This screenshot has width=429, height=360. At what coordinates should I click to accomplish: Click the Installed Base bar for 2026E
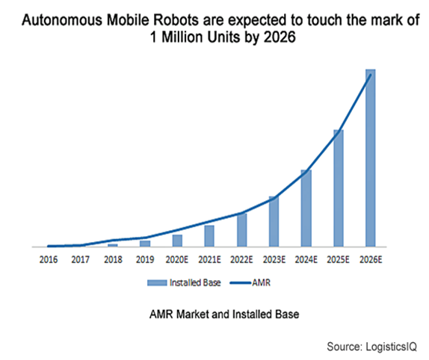371,158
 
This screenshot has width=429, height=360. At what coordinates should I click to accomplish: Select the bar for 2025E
339,188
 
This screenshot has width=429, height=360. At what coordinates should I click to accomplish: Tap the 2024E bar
306,208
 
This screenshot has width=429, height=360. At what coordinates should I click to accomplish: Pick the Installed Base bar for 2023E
274,221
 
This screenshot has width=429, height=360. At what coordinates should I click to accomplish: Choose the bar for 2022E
242,230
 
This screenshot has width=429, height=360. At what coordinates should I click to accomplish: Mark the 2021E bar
209,236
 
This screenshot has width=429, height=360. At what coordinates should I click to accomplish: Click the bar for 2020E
177,240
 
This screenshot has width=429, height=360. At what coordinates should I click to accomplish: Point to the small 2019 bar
145,243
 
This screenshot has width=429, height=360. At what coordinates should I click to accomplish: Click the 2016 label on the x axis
49,259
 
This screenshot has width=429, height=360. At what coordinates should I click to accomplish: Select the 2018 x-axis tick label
113,259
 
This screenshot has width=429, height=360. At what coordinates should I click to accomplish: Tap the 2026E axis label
371,259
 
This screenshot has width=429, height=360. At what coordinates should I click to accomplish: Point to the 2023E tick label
274,259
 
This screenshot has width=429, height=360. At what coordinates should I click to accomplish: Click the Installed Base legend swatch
157,282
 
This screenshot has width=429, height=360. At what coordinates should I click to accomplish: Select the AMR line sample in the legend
241,283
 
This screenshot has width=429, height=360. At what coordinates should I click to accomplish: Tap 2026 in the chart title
280,37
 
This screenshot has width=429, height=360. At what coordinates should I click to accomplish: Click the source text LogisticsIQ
391,347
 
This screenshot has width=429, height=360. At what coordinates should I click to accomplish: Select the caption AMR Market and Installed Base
224,314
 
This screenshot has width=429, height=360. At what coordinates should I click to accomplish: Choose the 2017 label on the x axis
81,259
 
